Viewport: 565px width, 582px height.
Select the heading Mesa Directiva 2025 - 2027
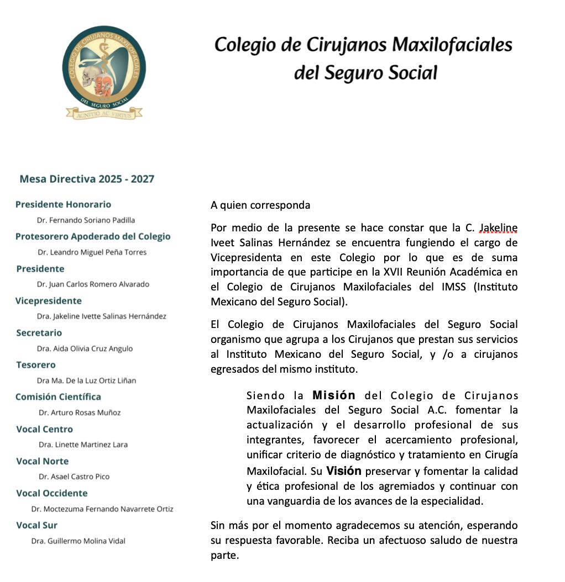point(87,179)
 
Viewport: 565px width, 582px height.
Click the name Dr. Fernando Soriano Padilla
point(86,220)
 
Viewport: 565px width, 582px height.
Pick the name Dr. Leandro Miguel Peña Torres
point(92,252)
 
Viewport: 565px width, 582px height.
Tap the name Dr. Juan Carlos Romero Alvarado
point(93,284)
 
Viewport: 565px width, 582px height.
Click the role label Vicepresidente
point(49,300)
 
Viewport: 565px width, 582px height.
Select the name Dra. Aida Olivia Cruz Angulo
point(85,348)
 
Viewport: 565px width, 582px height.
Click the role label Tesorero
point(36,364)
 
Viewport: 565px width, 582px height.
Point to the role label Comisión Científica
point(58,396)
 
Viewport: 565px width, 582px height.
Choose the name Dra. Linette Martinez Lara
point(83,445)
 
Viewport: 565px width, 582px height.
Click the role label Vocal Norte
point(43,461)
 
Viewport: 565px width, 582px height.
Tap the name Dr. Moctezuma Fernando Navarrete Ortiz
point(102,509)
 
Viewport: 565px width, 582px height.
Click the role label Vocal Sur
point(37,525)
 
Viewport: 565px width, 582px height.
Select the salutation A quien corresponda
point(260,205)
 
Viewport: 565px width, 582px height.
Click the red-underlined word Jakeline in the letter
point(498,227)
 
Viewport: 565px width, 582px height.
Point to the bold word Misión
point(333,395)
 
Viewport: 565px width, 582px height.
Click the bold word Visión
point(343,471)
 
